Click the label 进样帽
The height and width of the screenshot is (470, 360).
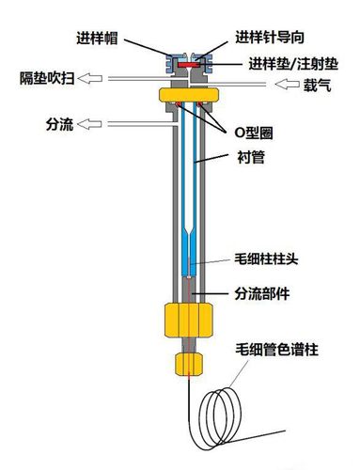98,39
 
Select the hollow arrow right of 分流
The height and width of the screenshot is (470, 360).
90,123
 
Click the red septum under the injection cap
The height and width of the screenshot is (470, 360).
190,67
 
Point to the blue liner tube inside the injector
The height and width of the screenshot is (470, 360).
190,188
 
